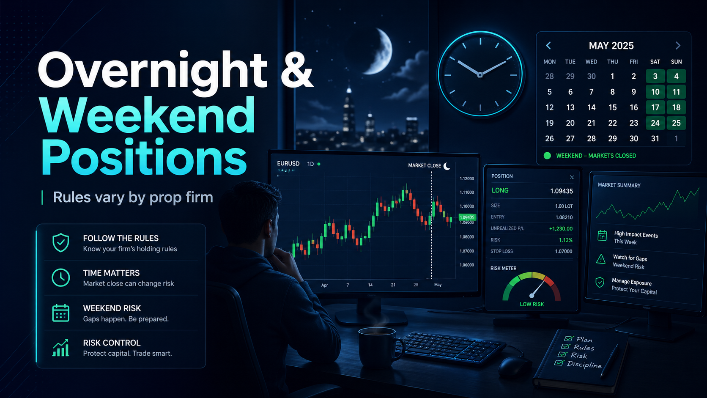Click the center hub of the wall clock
pos(480,75)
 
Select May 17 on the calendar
pos(655,107)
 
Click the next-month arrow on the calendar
pos(678,46)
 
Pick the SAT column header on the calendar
pos(655,62)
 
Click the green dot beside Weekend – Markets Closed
pos(547,156)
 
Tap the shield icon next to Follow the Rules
pos(61,243)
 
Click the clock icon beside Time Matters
pos(61,277)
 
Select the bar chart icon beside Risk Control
pos(61,348)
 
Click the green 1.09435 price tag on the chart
pos(467,217)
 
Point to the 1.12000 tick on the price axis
pos(467,178)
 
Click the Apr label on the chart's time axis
pos(324,285)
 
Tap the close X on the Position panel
pos(572,177)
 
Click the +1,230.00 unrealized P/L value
pos(561,228)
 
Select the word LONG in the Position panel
pos(500,191)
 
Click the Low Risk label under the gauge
pos(532,304)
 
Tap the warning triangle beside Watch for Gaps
pos(601,259)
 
